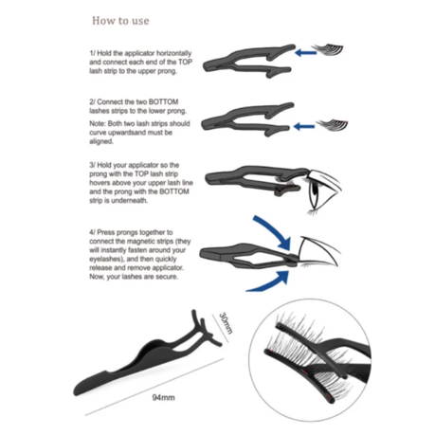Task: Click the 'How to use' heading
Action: point(120,21)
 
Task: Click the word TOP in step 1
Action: point(186,62)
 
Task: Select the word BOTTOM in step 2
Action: point(163,101)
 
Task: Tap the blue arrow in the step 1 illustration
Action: point(306,52)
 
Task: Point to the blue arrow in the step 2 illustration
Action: point(304,127)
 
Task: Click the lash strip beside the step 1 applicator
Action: point(328,49)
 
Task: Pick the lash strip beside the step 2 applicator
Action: point(332,124)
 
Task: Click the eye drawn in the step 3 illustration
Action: point(322,191)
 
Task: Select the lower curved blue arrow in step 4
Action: point(272,282)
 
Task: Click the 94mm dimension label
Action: point(163,397)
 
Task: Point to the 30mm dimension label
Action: point(226,323)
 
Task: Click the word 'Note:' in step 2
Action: point(98,123)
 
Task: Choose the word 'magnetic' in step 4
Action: point(140,242)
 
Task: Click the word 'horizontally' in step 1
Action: point(174,53)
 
